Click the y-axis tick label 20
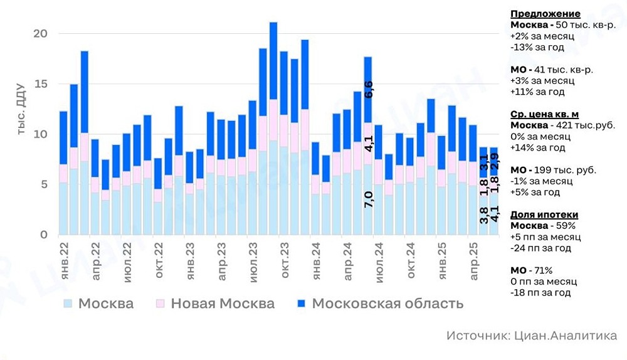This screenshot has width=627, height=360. [40, 33]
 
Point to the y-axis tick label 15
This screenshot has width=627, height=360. [40, 83]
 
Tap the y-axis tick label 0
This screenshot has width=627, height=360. [44, 235]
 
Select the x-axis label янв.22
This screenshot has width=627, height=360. [63, 260]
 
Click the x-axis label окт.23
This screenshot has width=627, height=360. [285, 260]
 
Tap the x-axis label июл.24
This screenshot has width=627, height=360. [379, 260]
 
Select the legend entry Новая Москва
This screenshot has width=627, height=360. [215, 304]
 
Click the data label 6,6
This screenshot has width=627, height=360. [369, 90]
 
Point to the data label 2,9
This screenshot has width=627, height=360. [495, 161]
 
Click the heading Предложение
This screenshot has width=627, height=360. [545, 14]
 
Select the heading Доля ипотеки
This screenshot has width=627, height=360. [545, 214]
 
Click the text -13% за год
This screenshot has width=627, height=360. [537, 47]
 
